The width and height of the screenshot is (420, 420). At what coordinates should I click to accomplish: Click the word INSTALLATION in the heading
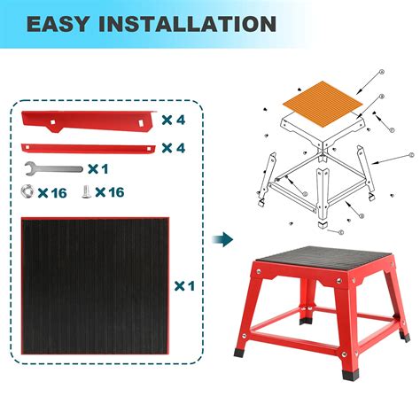coord(189,23)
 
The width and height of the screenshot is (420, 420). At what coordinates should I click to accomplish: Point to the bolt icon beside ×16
coord(84,190)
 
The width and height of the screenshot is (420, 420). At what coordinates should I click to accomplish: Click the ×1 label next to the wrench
coord(98,167)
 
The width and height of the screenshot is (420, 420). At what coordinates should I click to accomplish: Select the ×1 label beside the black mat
coord(184,286)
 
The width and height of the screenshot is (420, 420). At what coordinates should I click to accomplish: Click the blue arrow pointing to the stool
coord(226,239)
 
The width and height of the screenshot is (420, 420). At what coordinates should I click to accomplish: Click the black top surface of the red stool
coord(323,260)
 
